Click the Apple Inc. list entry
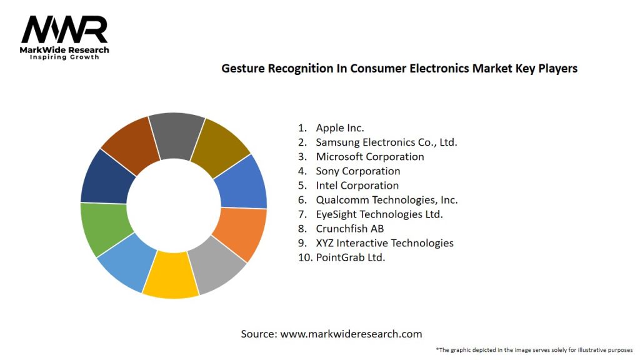[339, 128]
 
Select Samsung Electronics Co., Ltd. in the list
[386, 142]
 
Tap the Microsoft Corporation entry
[369, 157]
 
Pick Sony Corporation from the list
[357, 171]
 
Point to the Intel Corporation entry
[357, 186]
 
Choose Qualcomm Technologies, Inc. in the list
[386, 200]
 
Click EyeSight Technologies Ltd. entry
[379, 214]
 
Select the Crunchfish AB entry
[349, 229]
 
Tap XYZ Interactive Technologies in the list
[384, 243]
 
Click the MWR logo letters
[64, 29]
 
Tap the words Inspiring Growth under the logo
[64, 57]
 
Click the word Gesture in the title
[242, 69]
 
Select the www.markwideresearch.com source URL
[351, 334]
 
